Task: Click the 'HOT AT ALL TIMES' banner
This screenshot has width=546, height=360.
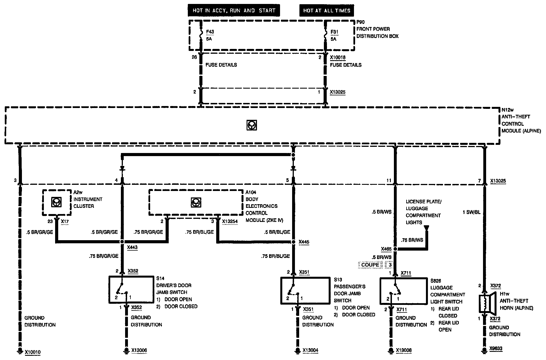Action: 326,11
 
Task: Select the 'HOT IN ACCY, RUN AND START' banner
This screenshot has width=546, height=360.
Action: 234,11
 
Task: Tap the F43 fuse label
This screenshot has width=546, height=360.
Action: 210,32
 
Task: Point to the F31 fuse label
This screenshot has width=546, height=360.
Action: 335,32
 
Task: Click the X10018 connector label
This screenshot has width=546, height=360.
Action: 338,58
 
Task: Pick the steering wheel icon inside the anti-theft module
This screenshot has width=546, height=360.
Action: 252,125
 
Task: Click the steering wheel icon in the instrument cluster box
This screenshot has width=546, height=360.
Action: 57,202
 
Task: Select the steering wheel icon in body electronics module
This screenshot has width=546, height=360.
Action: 196,202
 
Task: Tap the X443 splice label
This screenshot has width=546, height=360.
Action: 132,247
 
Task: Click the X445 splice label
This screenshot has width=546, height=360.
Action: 304,242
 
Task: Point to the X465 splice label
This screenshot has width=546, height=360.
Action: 386,249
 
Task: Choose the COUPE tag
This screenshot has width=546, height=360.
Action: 370,265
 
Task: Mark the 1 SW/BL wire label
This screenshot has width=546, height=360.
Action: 471,212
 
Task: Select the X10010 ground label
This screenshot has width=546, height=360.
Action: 33,352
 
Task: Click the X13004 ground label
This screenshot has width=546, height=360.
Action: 310,350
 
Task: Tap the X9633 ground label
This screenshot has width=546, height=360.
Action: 496,349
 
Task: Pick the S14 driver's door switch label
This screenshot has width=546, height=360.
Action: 160,278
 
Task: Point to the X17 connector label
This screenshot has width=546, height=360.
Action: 65,221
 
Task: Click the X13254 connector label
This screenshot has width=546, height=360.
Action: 230,221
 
